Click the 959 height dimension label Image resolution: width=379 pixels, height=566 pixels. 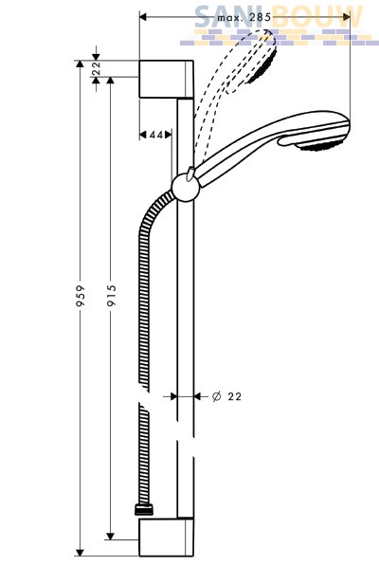[81, 296]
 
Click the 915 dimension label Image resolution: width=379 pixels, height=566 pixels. [112, 295]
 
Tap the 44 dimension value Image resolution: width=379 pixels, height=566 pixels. [156, 135]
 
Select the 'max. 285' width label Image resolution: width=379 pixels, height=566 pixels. [244, 17]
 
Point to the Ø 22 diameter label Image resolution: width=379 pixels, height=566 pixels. [226, 396]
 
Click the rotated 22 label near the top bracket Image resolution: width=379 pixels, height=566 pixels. [96, 68]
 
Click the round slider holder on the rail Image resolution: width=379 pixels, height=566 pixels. [186, 187]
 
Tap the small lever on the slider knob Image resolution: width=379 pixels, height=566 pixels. [189, 173]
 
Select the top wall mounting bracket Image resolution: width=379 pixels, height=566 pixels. [167, 80]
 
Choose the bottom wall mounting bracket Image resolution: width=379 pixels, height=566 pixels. [167, 538]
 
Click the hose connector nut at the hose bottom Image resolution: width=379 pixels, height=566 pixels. [143, 510]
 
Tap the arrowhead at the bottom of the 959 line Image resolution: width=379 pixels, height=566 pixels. [80, 553]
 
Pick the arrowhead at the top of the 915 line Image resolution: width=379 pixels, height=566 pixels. [110, 81]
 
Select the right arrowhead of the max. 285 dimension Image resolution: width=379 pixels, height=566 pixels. [346, 17]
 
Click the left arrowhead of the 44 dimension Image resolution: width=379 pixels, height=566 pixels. [143, 135]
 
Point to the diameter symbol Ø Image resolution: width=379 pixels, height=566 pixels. [216, 396]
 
